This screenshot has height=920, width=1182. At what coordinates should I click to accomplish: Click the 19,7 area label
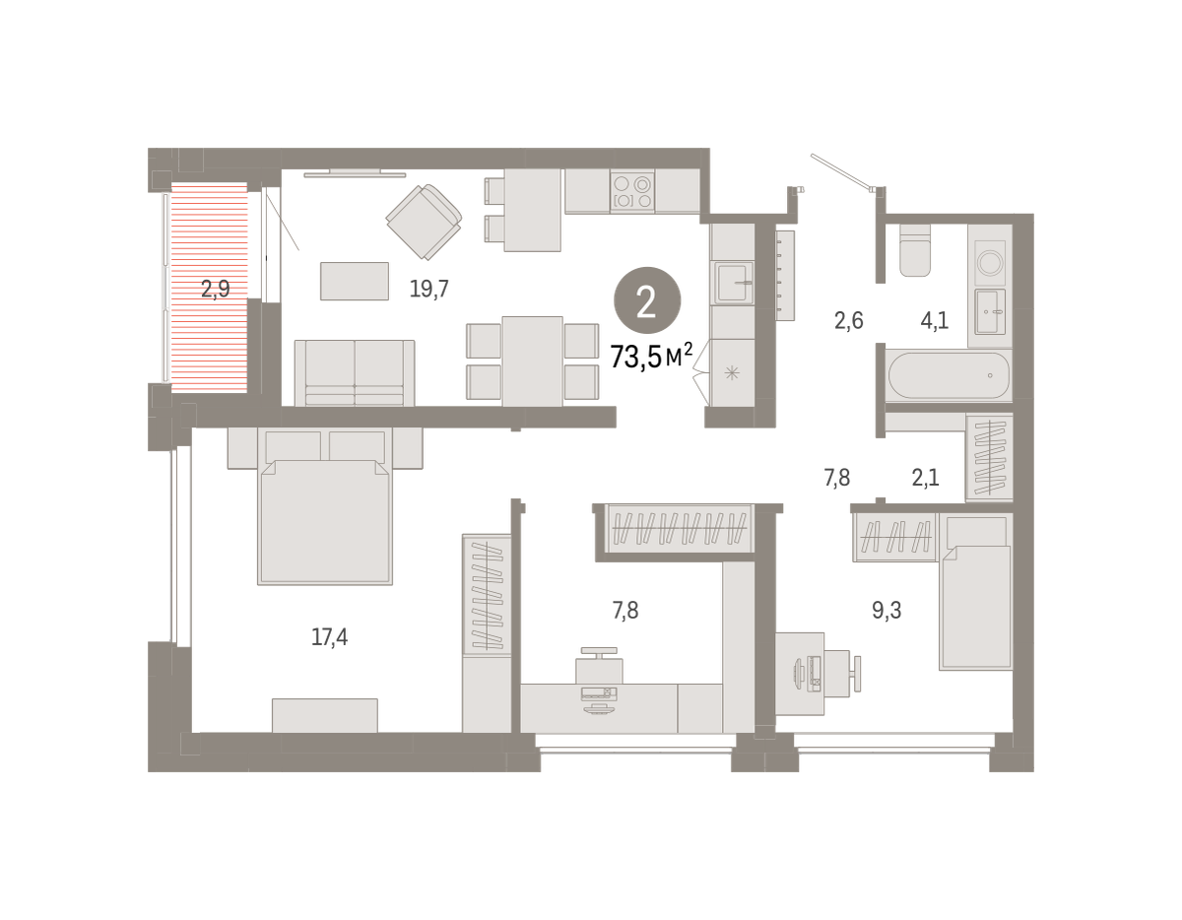(x=428, y=289)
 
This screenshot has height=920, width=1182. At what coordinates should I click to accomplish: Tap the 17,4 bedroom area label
(x=329, y=636)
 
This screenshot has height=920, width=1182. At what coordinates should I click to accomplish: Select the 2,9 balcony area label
(x=216, y=289)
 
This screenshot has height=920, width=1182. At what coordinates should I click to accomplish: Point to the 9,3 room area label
(x=886, y=610)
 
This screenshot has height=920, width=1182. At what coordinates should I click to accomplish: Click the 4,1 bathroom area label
(x=935, y=321)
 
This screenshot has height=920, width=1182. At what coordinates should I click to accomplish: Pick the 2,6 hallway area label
(x=848, y=321)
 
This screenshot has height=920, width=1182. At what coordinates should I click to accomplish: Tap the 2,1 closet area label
(x=925, y=478)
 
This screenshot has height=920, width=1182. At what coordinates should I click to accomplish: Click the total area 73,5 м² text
(x=651, y=357)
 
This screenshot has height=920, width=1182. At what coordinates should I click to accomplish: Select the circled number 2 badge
(x=647, y=300)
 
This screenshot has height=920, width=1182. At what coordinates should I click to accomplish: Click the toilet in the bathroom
(x=915, y=250)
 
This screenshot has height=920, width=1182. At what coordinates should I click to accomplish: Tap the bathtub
(x=949, y=375)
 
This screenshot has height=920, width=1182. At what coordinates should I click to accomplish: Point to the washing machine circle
(x=990, y=263)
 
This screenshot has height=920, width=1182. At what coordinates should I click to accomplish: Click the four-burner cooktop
(x=632, y=191)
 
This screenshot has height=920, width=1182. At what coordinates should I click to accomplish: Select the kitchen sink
(x=732, y=284)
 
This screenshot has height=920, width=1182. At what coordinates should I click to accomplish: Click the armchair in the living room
(x=424, y=222)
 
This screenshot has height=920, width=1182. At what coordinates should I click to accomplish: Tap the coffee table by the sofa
(x=355, y=281)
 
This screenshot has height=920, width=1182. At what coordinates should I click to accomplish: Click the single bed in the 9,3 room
(x=975, y=593)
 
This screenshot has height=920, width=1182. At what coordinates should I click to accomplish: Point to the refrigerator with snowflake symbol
(x=732, y=372)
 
